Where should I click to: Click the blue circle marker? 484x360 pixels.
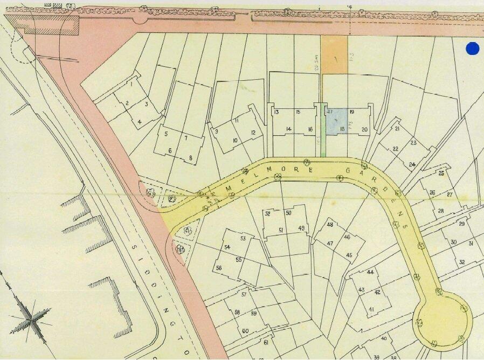tap(472, 49)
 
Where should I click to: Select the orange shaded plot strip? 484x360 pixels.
tap(334, 54)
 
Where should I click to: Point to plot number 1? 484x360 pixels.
tap(131, 85)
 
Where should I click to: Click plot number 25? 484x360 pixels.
tap(441, 174)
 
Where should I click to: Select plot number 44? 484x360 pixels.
tap(370, 272)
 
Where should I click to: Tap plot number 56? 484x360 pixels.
tap(219, 268)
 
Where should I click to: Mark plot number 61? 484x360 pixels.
tap(265, 342)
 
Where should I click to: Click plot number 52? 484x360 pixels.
tap(268, 214)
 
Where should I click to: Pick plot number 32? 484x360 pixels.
tap(462, 262)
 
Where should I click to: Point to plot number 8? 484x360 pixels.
tap(190, 157)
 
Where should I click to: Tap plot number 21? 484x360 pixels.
tap(397, 129)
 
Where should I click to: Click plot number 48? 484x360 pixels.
tap(330, 225)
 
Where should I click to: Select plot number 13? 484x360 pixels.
tap(276, 112)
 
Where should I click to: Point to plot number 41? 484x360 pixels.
tap(371, 309)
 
